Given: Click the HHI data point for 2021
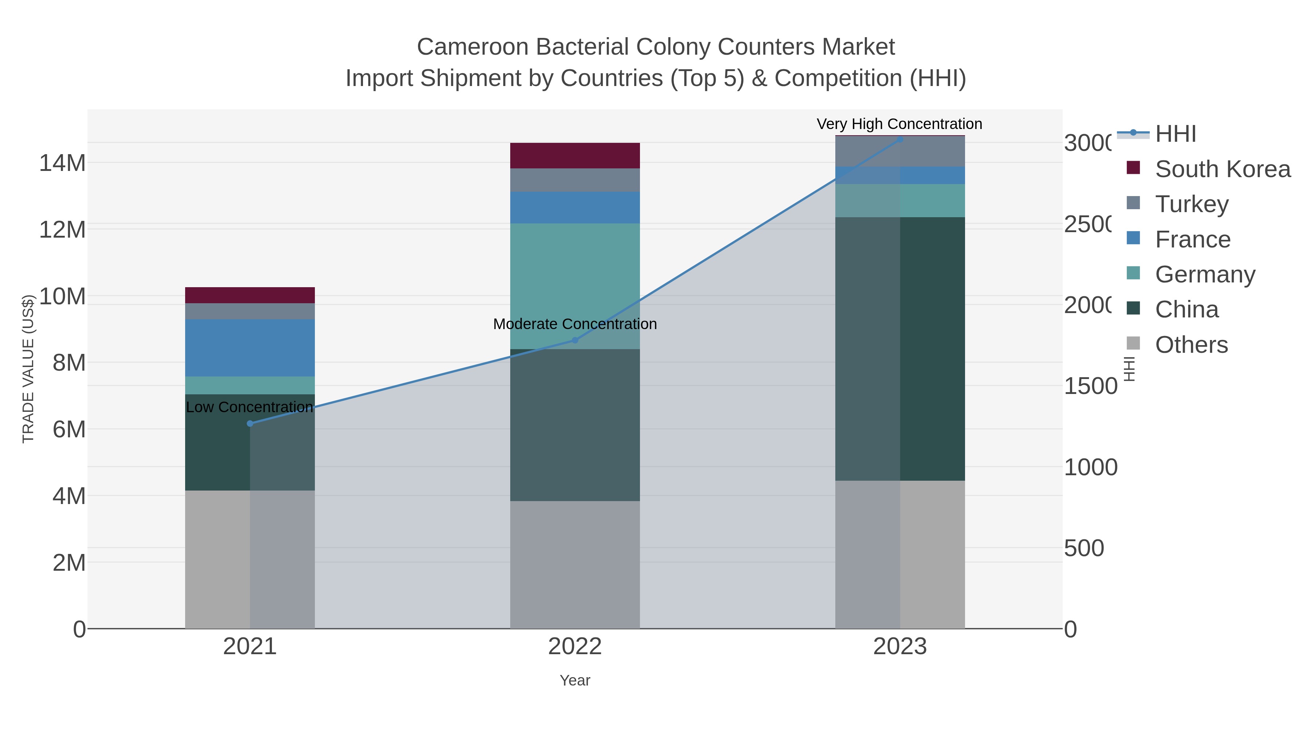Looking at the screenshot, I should click(250, 423).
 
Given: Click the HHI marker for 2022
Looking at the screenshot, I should click(575, 340).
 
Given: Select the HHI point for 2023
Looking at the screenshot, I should click(900, 139).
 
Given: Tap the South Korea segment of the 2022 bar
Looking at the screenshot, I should click(575, 155).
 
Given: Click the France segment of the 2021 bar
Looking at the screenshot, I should click(250, 348).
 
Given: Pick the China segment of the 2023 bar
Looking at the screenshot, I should click(900, 349).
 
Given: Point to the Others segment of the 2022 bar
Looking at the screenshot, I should click(575, 564).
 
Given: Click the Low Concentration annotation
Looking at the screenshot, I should click(250, 407).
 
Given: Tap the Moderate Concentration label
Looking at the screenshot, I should click(575, 324).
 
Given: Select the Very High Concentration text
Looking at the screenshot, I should click(899, 124).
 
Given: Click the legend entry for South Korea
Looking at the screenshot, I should click(1222, 169).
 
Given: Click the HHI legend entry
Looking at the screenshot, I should click(1175, 134).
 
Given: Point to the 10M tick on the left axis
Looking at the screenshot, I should click(62, 296).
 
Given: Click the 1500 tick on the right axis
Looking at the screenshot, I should click(1090, 386).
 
